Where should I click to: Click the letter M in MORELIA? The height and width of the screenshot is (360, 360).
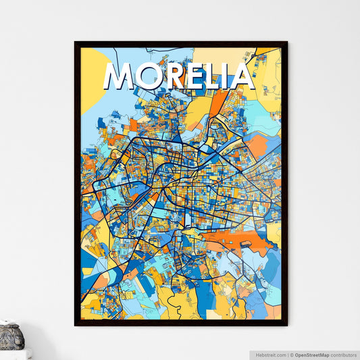120,77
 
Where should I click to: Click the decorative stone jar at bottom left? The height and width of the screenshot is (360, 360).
11,336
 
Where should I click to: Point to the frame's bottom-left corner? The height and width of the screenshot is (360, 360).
75,326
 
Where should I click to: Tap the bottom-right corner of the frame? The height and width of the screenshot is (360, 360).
286,326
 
